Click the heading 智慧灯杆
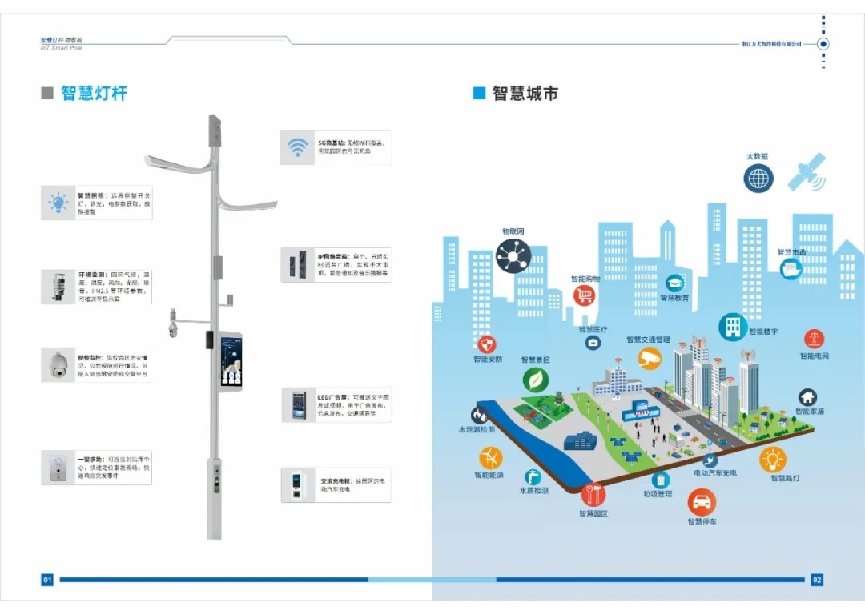point(94,93)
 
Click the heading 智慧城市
point(525,93)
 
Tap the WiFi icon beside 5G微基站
point(298,147)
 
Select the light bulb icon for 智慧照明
point(58,203)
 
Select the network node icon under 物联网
point(513,255)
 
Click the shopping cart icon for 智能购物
point(585,296)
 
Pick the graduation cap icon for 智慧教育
point(674,283)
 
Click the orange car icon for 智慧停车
point(702,502)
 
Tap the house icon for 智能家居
point(808,397)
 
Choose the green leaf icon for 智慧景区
point(535,379)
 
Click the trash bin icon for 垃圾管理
point(660,479)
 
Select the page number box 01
point(47,579)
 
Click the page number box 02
point(816,579)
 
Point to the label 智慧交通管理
point(647,340)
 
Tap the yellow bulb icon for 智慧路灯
point(772,459)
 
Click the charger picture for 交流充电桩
point(298,484)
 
